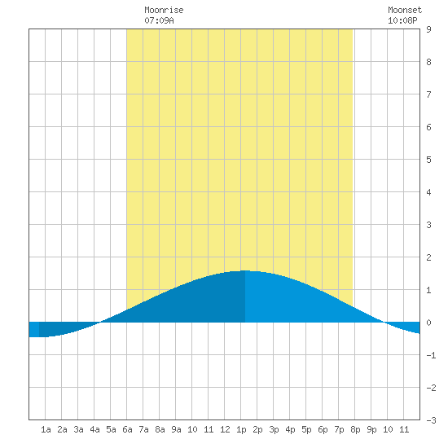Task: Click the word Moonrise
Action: (164, 10)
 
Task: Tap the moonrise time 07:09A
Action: (159, 20)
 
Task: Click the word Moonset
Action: (405, 10)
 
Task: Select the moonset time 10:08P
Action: (402, 20)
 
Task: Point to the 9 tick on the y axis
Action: (428, 29)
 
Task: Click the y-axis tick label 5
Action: (428, 160)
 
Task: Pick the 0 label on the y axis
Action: (428, 323)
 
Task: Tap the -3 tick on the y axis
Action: (431, 420)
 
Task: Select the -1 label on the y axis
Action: (431, 355)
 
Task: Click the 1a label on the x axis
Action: (46, 429)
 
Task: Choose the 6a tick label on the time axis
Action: (127, 429)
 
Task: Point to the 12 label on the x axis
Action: (225, 429)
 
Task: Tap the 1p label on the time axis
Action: (241, 429)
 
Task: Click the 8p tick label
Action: (355, 429)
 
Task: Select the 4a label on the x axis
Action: (94, 429)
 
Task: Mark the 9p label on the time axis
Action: (371, 429)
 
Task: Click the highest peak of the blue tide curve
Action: (245, 270)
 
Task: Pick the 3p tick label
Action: (274, 429)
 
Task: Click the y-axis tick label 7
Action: (428, 94)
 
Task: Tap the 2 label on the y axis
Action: (428, 257)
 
